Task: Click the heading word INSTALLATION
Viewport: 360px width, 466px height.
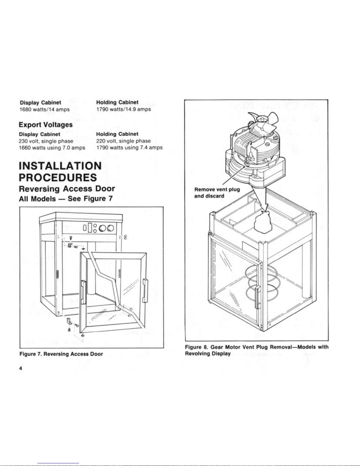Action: coord(60,166)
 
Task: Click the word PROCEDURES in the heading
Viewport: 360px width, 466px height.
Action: coord(58,177)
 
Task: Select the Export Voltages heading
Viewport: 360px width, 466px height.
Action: coord(46,125)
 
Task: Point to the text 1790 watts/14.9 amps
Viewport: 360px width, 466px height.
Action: coord(123,109)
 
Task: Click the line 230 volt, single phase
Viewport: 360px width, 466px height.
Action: coord(46,141)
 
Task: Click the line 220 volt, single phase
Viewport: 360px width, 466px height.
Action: coord(123,141)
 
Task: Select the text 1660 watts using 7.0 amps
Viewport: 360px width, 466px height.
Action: coord(52,148)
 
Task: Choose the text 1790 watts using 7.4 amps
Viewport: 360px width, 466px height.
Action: coord(129,147)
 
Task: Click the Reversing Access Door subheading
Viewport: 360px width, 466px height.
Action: coord(67,188)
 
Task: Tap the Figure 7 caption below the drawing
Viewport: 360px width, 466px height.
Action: coord(61,354)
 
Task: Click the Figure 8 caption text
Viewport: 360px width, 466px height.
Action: coord(256,350)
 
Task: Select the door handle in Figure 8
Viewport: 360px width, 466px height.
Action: coord(258,297)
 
